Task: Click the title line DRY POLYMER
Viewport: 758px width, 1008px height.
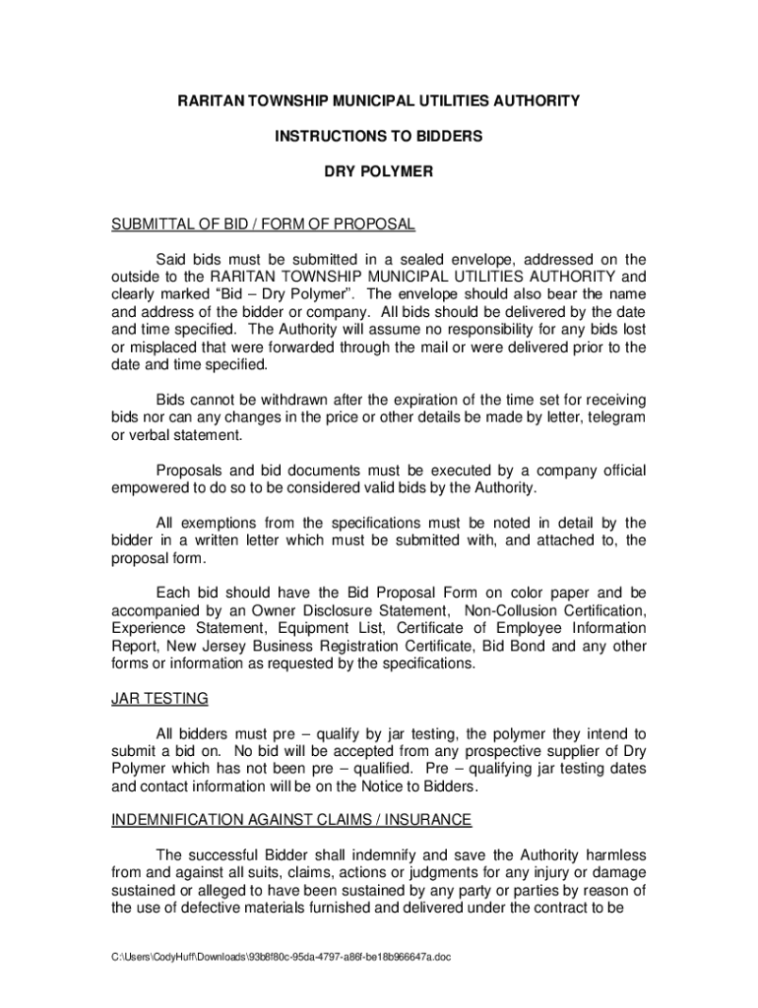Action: [x=379, y=171]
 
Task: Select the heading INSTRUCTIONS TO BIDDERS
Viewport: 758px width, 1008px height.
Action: [x=379, y=136]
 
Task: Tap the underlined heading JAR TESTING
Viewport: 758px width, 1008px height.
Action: [x=159, y=699]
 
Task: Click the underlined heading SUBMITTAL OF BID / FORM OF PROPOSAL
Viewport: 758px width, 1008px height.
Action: [x=263, y=224]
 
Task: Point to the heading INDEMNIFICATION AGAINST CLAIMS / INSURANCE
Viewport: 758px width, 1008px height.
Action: [x=291, y=819]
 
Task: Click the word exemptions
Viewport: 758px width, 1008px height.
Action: [x=224, y=523]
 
